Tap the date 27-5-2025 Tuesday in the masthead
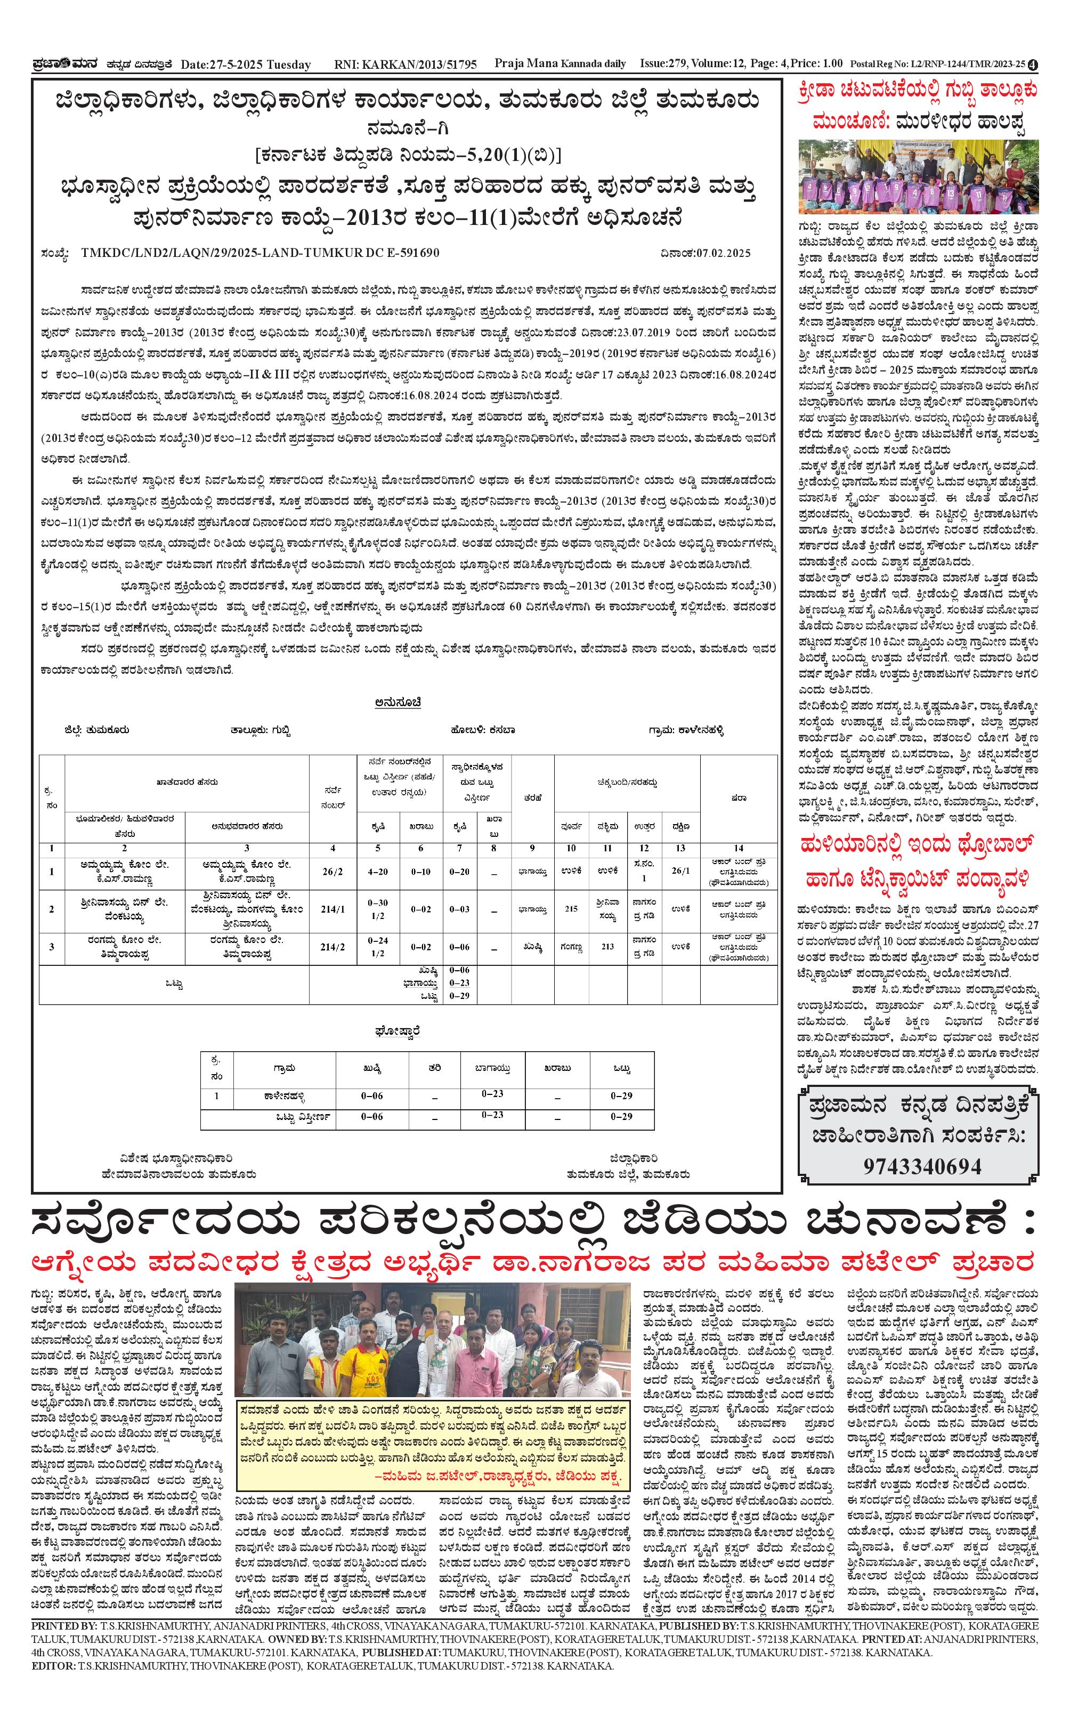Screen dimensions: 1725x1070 point(246,65)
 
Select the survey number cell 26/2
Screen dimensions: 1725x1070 point(332,872)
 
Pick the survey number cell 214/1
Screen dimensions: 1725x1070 point(332,909)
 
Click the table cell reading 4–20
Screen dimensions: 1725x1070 point(378,872)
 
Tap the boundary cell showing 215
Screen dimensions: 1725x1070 point(570,909)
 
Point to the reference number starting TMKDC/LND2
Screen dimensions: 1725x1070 point(260,253)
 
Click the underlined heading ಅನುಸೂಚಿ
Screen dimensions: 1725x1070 point(399,702)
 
